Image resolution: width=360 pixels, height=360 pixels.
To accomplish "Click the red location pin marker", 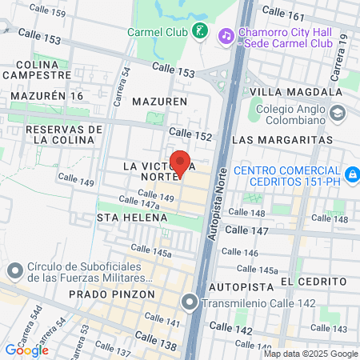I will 181,162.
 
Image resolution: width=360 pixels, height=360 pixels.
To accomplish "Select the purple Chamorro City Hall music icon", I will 227,35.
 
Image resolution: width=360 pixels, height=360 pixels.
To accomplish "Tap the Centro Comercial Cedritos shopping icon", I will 351,173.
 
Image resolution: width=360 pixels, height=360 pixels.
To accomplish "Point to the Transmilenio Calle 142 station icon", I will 189,302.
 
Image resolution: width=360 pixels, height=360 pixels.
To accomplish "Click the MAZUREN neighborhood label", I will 159,102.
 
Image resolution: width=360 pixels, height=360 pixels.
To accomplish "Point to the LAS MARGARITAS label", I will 282,139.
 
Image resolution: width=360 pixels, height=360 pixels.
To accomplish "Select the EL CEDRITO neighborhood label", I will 314,282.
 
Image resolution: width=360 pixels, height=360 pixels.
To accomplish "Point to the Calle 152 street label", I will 190,134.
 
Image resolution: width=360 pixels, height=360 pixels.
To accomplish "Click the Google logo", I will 26,350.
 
